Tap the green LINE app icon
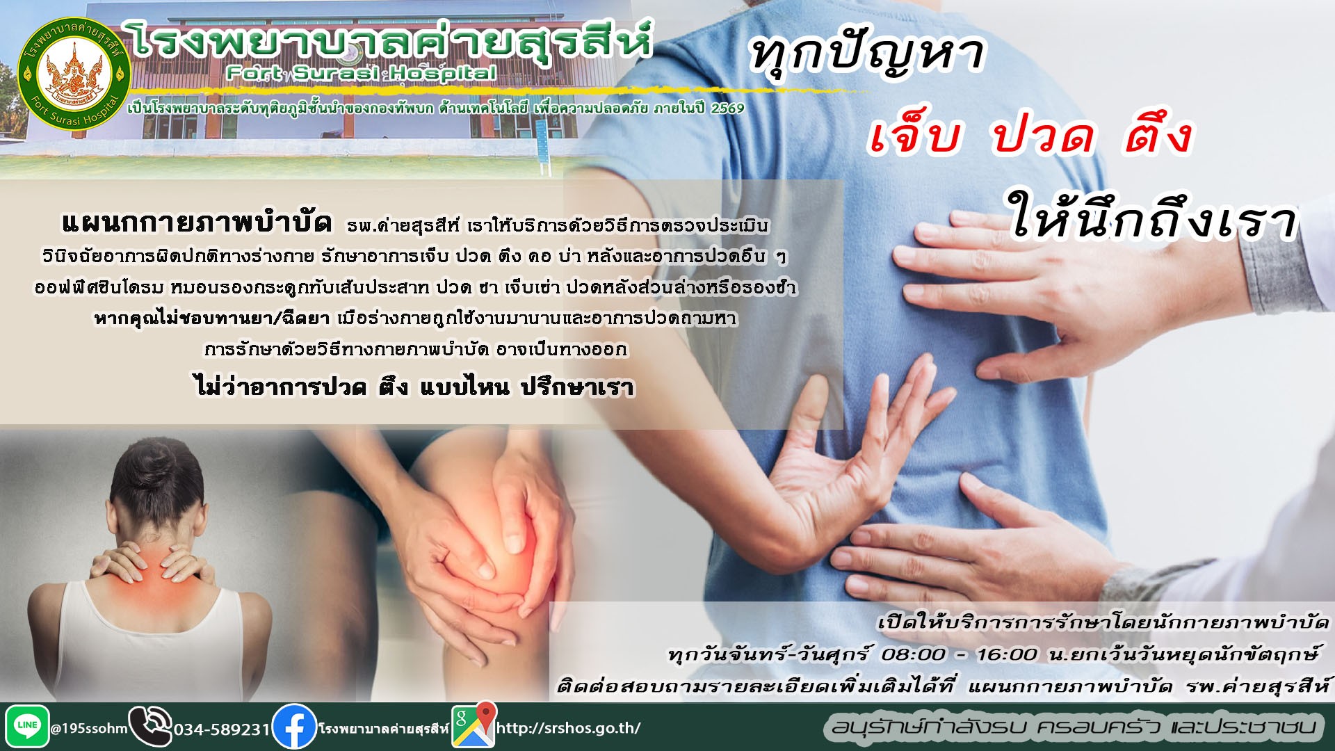[x=27, y=727]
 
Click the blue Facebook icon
[x=295, y=727]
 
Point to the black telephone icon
[x=150, y=727]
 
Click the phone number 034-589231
[x=222, y=729]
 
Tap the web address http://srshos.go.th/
[x=568, y=728]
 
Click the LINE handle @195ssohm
[x=89, y=729]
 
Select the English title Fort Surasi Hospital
[x=362, y=73]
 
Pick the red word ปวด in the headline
[x=1043, y=135]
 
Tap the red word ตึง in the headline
[x=1158, y=133]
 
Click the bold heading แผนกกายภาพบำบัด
[x=197, y=223]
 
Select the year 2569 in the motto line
[x=727, y=108]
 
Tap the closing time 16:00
[x=1007, y=654]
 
